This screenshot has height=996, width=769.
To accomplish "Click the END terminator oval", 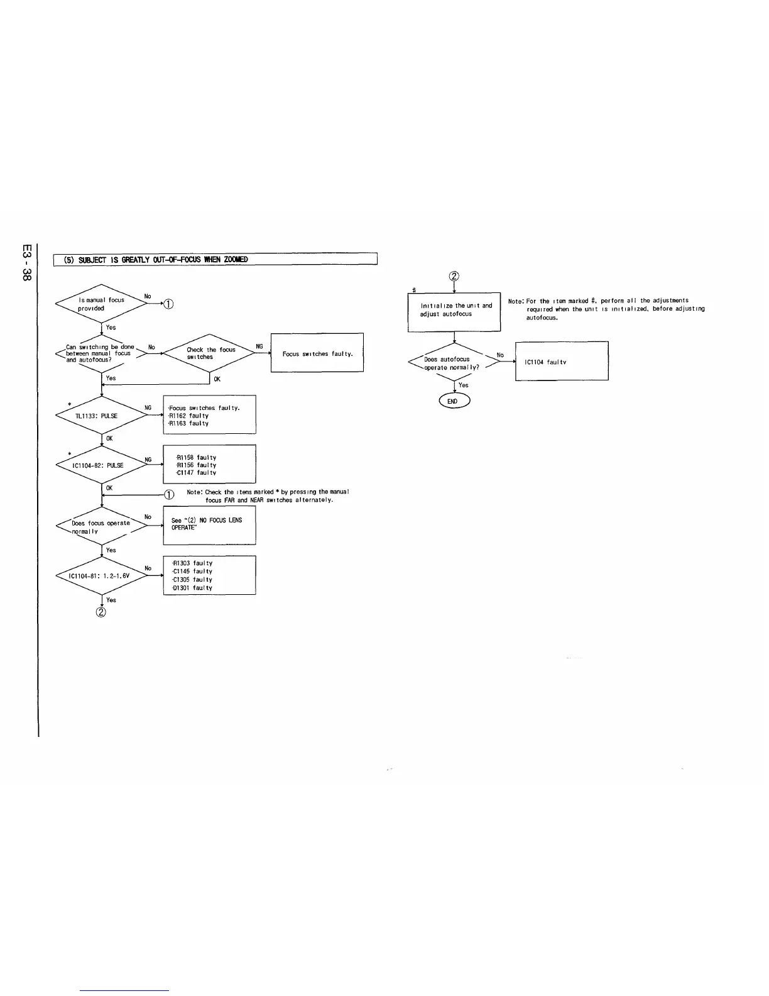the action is (454, 401).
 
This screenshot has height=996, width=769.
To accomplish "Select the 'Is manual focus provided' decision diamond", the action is (101, 304).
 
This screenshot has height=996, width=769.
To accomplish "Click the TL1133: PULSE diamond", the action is (101, 416).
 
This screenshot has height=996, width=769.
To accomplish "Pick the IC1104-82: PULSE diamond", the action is (101, 465).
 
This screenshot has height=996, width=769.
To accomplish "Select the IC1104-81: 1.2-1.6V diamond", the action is (101, 575).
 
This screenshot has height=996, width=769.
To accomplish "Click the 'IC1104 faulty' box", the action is (562, 362).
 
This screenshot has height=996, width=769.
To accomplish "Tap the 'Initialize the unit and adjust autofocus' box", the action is (454, 311).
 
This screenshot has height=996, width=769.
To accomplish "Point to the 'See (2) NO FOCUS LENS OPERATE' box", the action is (209, 524).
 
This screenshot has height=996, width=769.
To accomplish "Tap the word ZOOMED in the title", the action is (235, 260).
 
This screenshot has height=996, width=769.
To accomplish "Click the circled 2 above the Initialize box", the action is (454, 277).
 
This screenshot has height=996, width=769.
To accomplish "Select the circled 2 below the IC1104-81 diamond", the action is (101, 613).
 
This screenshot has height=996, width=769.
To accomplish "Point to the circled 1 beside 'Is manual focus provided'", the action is (168, 305).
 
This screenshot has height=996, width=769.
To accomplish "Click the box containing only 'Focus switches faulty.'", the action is (317, 353).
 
